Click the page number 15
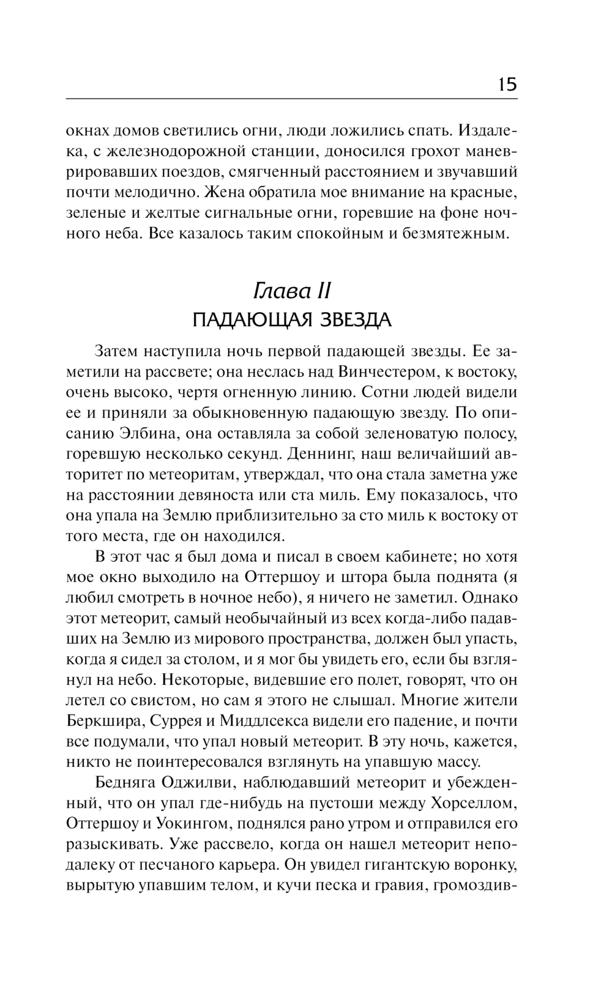point(507,84)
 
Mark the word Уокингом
point(190,824)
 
